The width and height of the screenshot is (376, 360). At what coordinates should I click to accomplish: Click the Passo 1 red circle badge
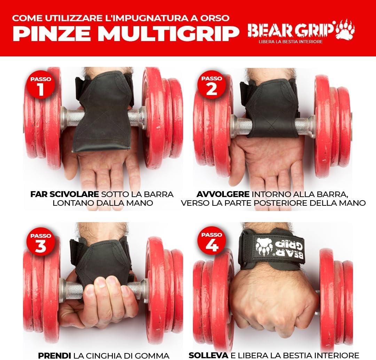(41, 84)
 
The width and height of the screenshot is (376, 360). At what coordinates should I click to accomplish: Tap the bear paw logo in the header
(345, 29)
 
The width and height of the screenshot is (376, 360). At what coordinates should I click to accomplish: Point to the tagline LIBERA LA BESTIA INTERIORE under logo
(291, 42)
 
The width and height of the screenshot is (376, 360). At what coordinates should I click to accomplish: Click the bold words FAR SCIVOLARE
(64, 194)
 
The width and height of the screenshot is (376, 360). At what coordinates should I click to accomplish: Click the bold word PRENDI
(54, 355)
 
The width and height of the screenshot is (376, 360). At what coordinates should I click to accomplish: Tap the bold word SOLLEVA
(209, 355)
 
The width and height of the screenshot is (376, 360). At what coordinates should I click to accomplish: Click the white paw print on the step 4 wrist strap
(265, 247)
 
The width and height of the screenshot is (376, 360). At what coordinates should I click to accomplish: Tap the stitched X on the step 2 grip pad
(272, 125)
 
